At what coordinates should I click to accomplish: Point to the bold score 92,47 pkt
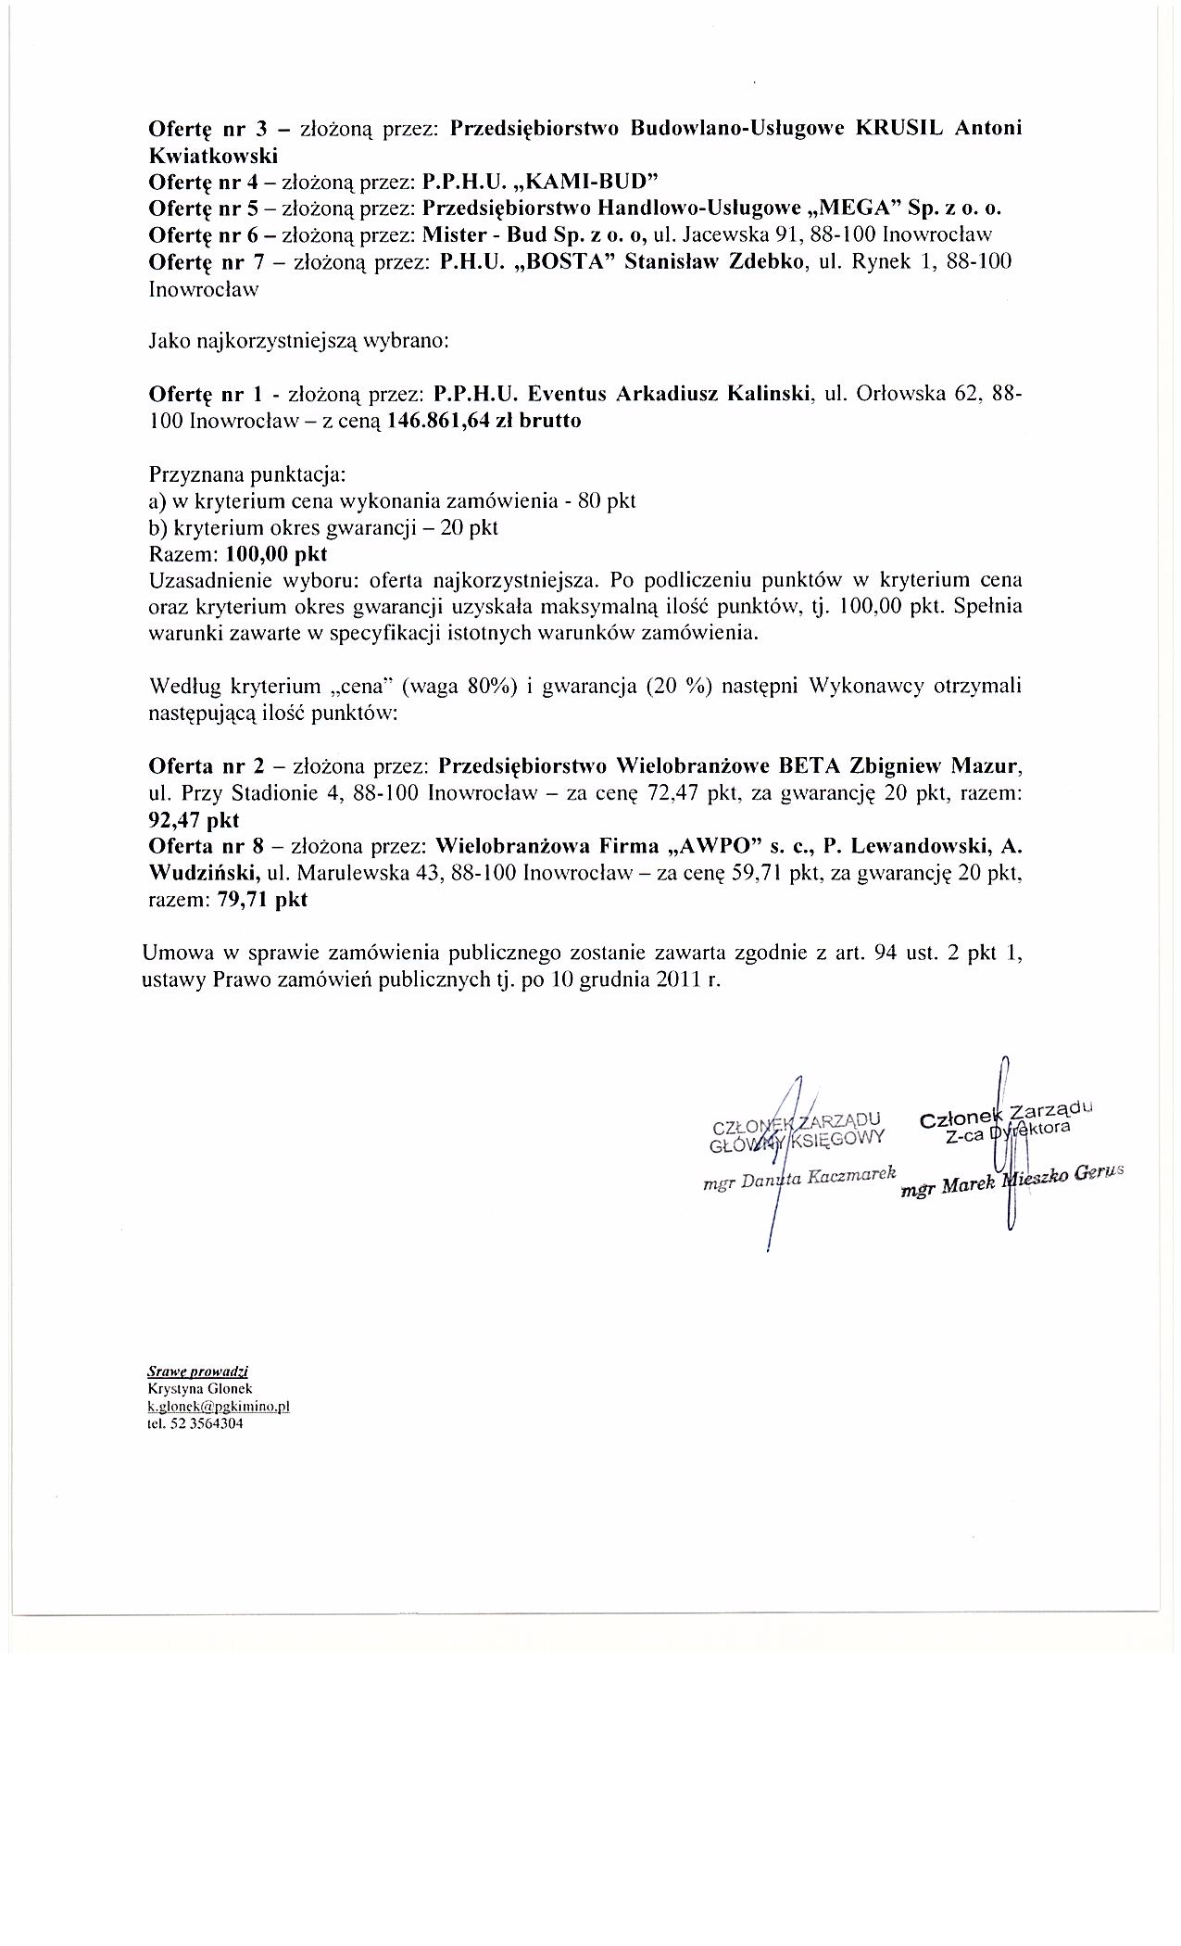click(194, 820)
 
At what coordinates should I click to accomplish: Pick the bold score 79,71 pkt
click(262, 900)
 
